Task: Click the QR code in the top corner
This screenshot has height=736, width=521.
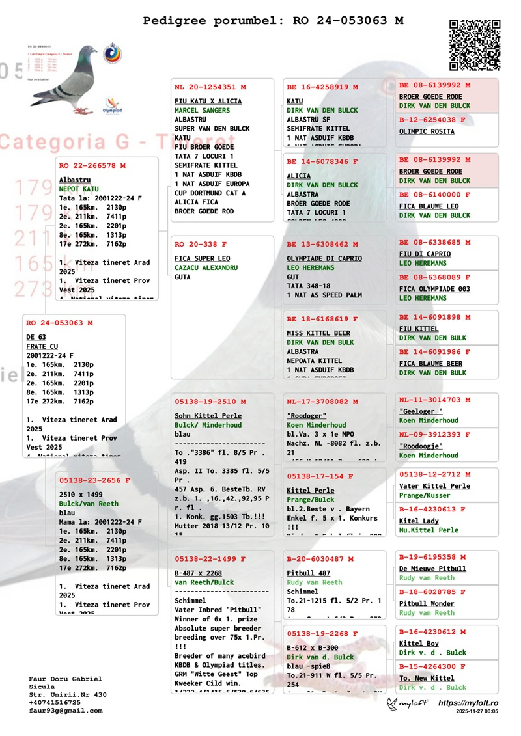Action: [x=475, y=45]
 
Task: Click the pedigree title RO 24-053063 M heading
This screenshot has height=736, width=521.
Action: [x=273, y=21]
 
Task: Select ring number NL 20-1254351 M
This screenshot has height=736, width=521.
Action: [x=210, y=87]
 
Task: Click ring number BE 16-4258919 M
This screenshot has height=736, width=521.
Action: [x=322, y=87]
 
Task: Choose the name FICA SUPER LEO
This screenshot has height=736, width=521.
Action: [x=202, y=258]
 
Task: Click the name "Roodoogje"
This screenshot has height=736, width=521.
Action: [x=421, y=446]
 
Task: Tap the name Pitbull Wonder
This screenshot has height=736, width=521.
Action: [x=427, y=603]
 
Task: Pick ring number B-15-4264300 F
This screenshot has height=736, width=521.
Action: [x=432, y=666]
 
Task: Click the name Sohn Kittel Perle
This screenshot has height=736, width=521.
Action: [x=208, y=415]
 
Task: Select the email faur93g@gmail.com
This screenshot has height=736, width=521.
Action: [x=66, y=711]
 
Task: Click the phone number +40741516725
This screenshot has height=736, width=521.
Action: [x=55, y=702]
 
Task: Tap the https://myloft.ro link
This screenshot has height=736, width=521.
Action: [x=468, y=703]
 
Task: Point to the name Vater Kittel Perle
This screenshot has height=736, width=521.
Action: [x=434, y=486]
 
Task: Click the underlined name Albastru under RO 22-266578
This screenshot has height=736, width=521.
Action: [x=75, y=179]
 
